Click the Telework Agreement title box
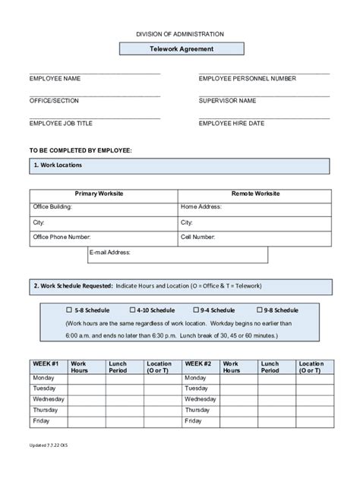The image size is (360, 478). pyautogui.click(x=180, y=49)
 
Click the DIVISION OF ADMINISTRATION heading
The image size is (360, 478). pyautogui.click(x=180, y=34)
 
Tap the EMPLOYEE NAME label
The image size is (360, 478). pyautogui.click(x=55, y=78)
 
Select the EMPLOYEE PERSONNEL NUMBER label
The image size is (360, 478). pyautogui.click(x=248, y=78)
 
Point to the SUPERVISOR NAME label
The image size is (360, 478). pyautogui.click(x=227, y=100)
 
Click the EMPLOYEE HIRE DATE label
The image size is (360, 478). pyautogui.click(x=232, y=122)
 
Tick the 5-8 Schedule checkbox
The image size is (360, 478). pyautogui.click(x=69, y=310)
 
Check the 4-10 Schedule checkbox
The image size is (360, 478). pyautogui.click(x=133, y=310)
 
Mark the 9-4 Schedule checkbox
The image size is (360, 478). pyautogui.click(x=196, y=310)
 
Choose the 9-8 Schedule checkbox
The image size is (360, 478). pyautogui.click(x=259, y=310)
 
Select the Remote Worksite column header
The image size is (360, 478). pyautogui.click(x=254, y=194)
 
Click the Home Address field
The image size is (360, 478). pyautogui.click(x=254, y=206)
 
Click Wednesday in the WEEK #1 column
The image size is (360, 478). pyautogui.click(x=49, y=398)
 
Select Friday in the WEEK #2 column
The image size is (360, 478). pyautogui.click(x=194, y=420)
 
